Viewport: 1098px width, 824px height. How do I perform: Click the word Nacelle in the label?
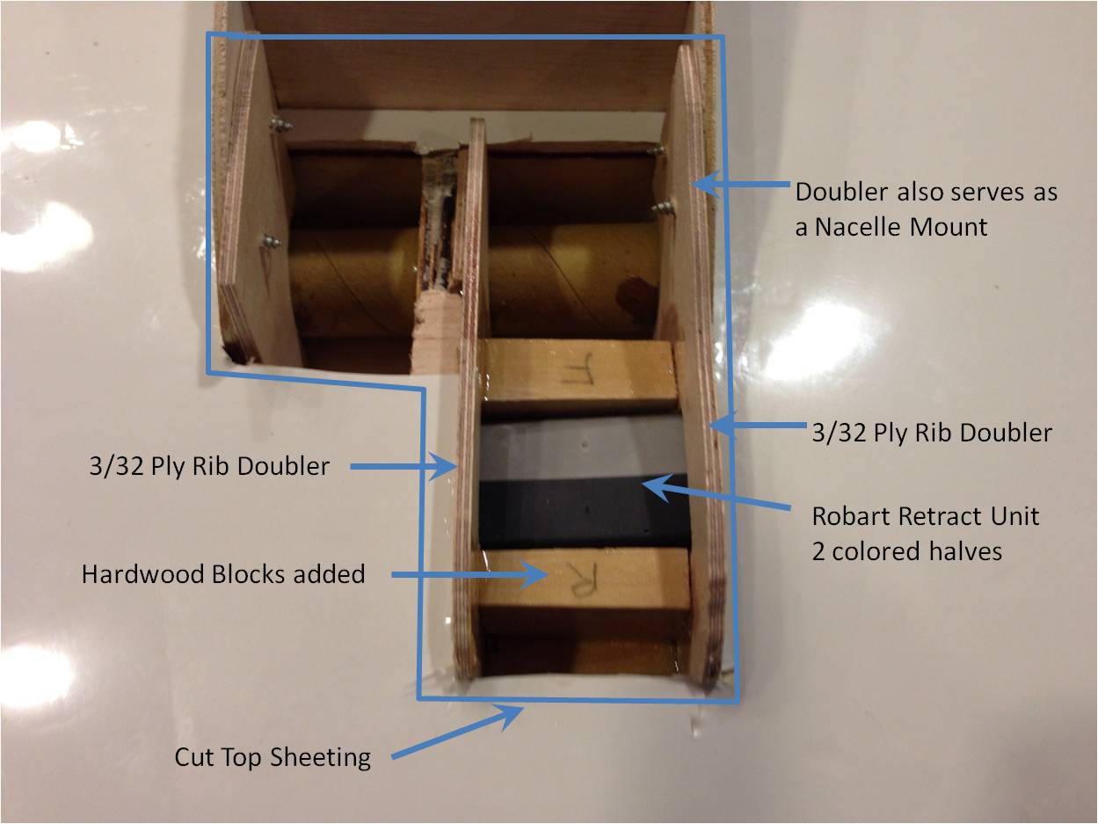pyautogui.click(x=857, y=227)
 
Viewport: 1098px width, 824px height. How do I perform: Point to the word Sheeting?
pyautogui.click(x=321, y=758)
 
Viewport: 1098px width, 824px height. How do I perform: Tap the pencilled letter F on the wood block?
pyautogui.click(x=578, y=368)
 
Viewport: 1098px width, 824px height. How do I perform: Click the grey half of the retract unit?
pyautogui.click(x=580, y=447)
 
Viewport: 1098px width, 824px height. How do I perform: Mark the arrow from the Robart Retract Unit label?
pyautogui.click(x=716, y=494)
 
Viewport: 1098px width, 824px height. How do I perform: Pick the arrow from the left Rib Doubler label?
pyautogui.click(x=404, y=467)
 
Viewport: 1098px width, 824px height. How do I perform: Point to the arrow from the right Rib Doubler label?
pyautogui.click(x=760, y=426)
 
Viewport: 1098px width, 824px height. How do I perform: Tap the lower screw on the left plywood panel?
pyautogui.click(x=270, y=243)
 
